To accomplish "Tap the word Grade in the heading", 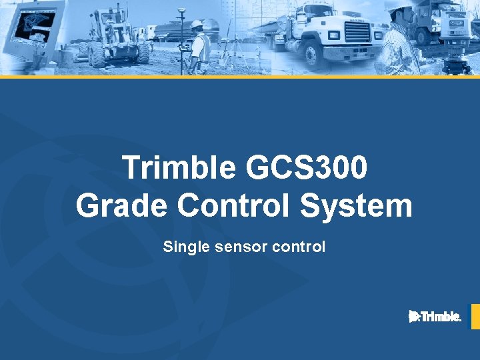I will click(x=122, y=205).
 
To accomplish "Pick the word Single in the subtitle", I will click(x=183, y=247).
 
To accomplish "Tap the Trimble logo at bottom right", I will click(x=435, y=317).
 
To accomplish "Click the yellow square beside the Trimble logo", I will click(x=475, y=317).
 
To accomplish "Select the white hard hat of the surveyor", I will click(x=197, y=25).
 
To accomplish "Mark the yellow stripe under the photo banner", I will click(x=240, y=77).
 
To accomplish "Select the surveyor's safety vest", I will click(x=201, y=47).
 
